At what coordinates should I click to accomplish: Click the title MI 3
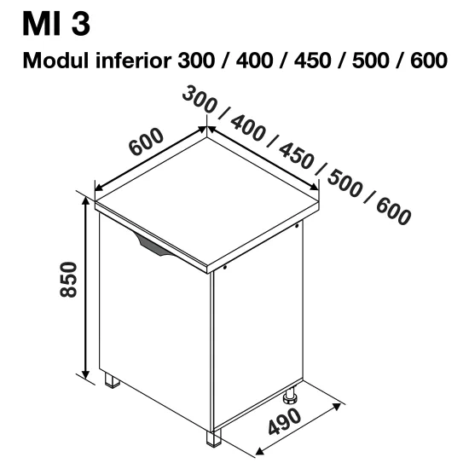(56, 24)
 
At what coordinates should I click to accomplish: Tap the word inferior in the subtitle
(133, 60)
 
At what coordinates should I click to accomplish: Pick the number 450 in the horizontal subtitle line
(313, 61)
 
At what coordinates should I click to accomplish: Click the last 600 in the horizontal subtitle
(429, 61)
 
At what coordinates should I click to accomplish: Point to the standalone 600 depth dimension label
(146, 142)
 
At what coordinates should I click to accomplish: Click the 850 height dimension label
(68, 280)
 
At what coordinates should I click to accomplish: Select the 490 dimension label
(285, 422)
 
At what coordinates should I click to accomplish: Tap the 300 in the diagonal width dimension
(199, 100)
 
